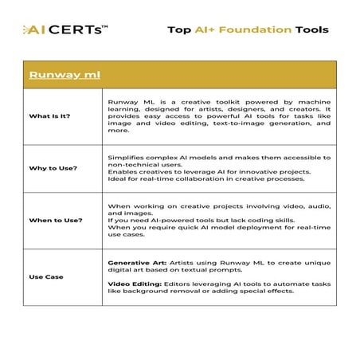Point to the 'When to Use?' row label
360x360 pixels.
click(x=53, y=221)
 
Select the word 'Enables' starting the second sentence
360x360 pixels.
click(x=121, y=170)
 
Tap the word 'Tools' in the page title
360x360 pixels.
click(x=311, y=29)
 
